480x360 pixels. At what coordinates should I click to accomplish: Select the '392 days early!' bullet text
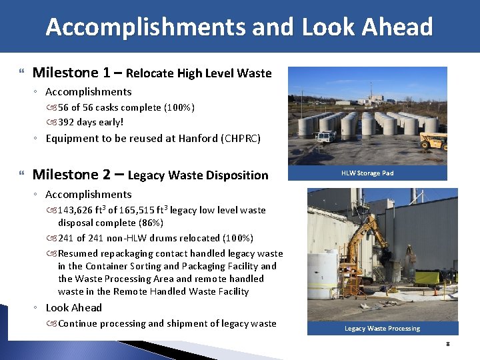coord(91,122)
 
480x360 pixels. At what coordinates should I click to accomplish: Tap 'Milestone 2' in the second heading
coord(70,175)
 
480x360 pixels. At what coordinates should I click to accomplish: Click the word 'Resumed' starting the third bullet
coord(78,253)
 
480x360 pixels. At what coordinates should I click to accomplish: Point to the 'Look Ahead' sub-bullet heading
coord(73,308)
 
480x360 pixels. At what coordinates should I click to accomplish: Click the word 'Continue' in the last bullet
coord(79,323)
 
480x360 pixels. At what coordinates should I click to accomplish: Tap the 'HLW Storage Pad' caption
coord(367,173)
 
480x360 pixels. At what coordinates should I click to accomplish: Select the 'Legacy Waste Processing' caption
coord(382,329)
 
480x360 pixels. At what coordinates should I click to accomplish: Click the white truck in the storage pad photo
coord(327,137)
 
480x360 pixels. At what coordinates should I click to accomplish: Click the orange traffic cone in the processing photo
coord(435,291)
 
